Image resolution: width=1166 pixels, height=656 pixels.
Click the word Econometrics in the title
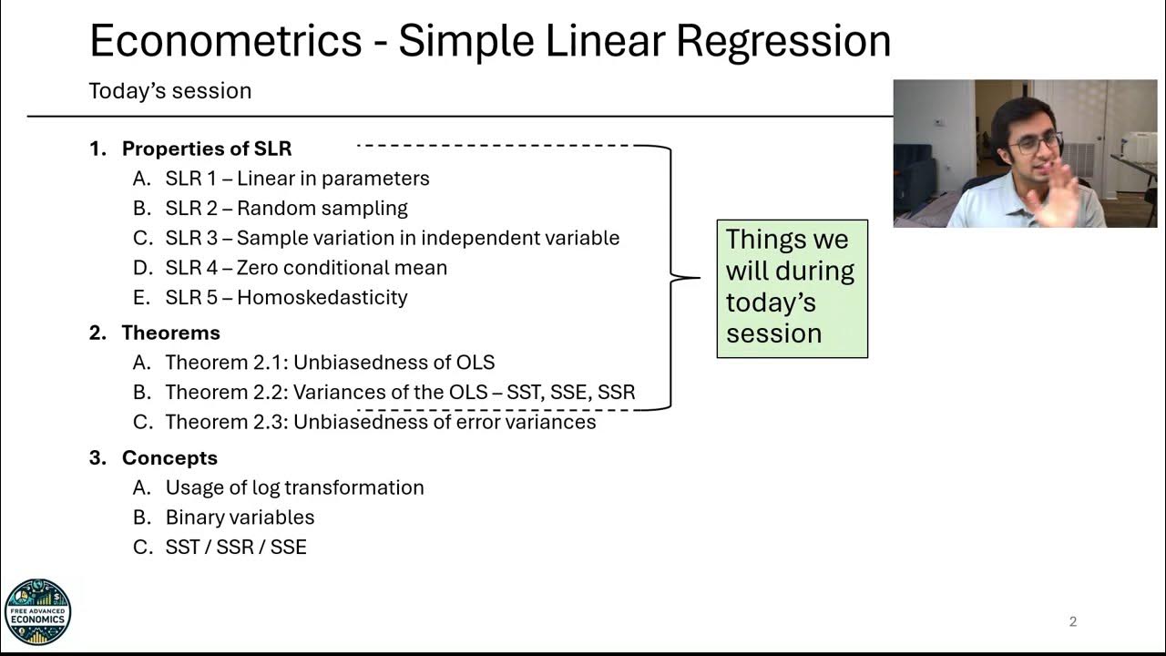pyautogui.click(x=225, y=41)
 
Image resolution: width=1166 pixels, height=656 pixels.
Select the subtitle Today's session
pyautogui.click(x=169, y=91)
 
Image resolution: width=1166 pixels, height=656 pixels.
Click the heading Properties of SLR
pyautogui.click(x=206, y=149)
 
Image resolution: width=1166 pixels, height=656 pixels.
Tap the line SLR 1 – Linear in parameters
pyautogui.click(x=297, y=179)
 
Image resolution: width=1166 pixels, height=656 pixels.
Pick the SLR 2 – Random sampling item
pyautogui.click(x=286, y=209)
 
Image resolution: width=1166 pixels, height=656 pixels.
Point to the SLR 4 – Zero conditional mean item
pyautogui.click(x=306, y=268)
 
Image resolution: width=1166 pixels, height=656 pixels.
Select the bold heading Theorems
pyautogui.click(x=170, y=333)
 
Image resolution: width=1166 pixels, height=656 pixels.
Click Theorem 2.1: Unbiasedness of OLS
pyautogui.click(x=330, y=363)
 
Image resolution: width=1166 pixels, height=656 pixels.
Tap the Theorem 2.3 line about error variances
pyautogui.click(x=380, y=423)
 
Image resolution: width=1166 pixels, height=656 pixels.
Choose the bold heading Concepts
pyautogui.click(x=169, y=458)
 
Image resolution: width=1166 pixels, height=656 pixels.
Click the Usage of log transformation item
pyautogui.click(x=294, y=488)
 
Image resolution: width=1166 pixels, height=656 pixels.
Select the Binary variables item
pyautogui.click(x=240, y=518)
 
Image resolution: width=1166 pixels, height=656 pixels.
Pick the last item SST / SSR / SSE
pyautogui.click(x=236, y=548)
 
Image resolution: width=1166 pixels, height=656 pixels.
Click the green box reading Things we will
pyautogui.click(x=792, y=288)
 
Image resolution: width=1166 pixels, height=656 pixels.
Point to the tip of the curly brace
pyautogui.click(x=699, y=278)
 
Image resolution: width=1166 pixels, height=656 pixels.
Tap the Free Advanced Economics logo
pyautogui.click(x=37, y=612)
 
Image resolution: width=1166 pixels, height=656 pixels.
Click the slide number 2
pyautogui.click(x=1072, y=622)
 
